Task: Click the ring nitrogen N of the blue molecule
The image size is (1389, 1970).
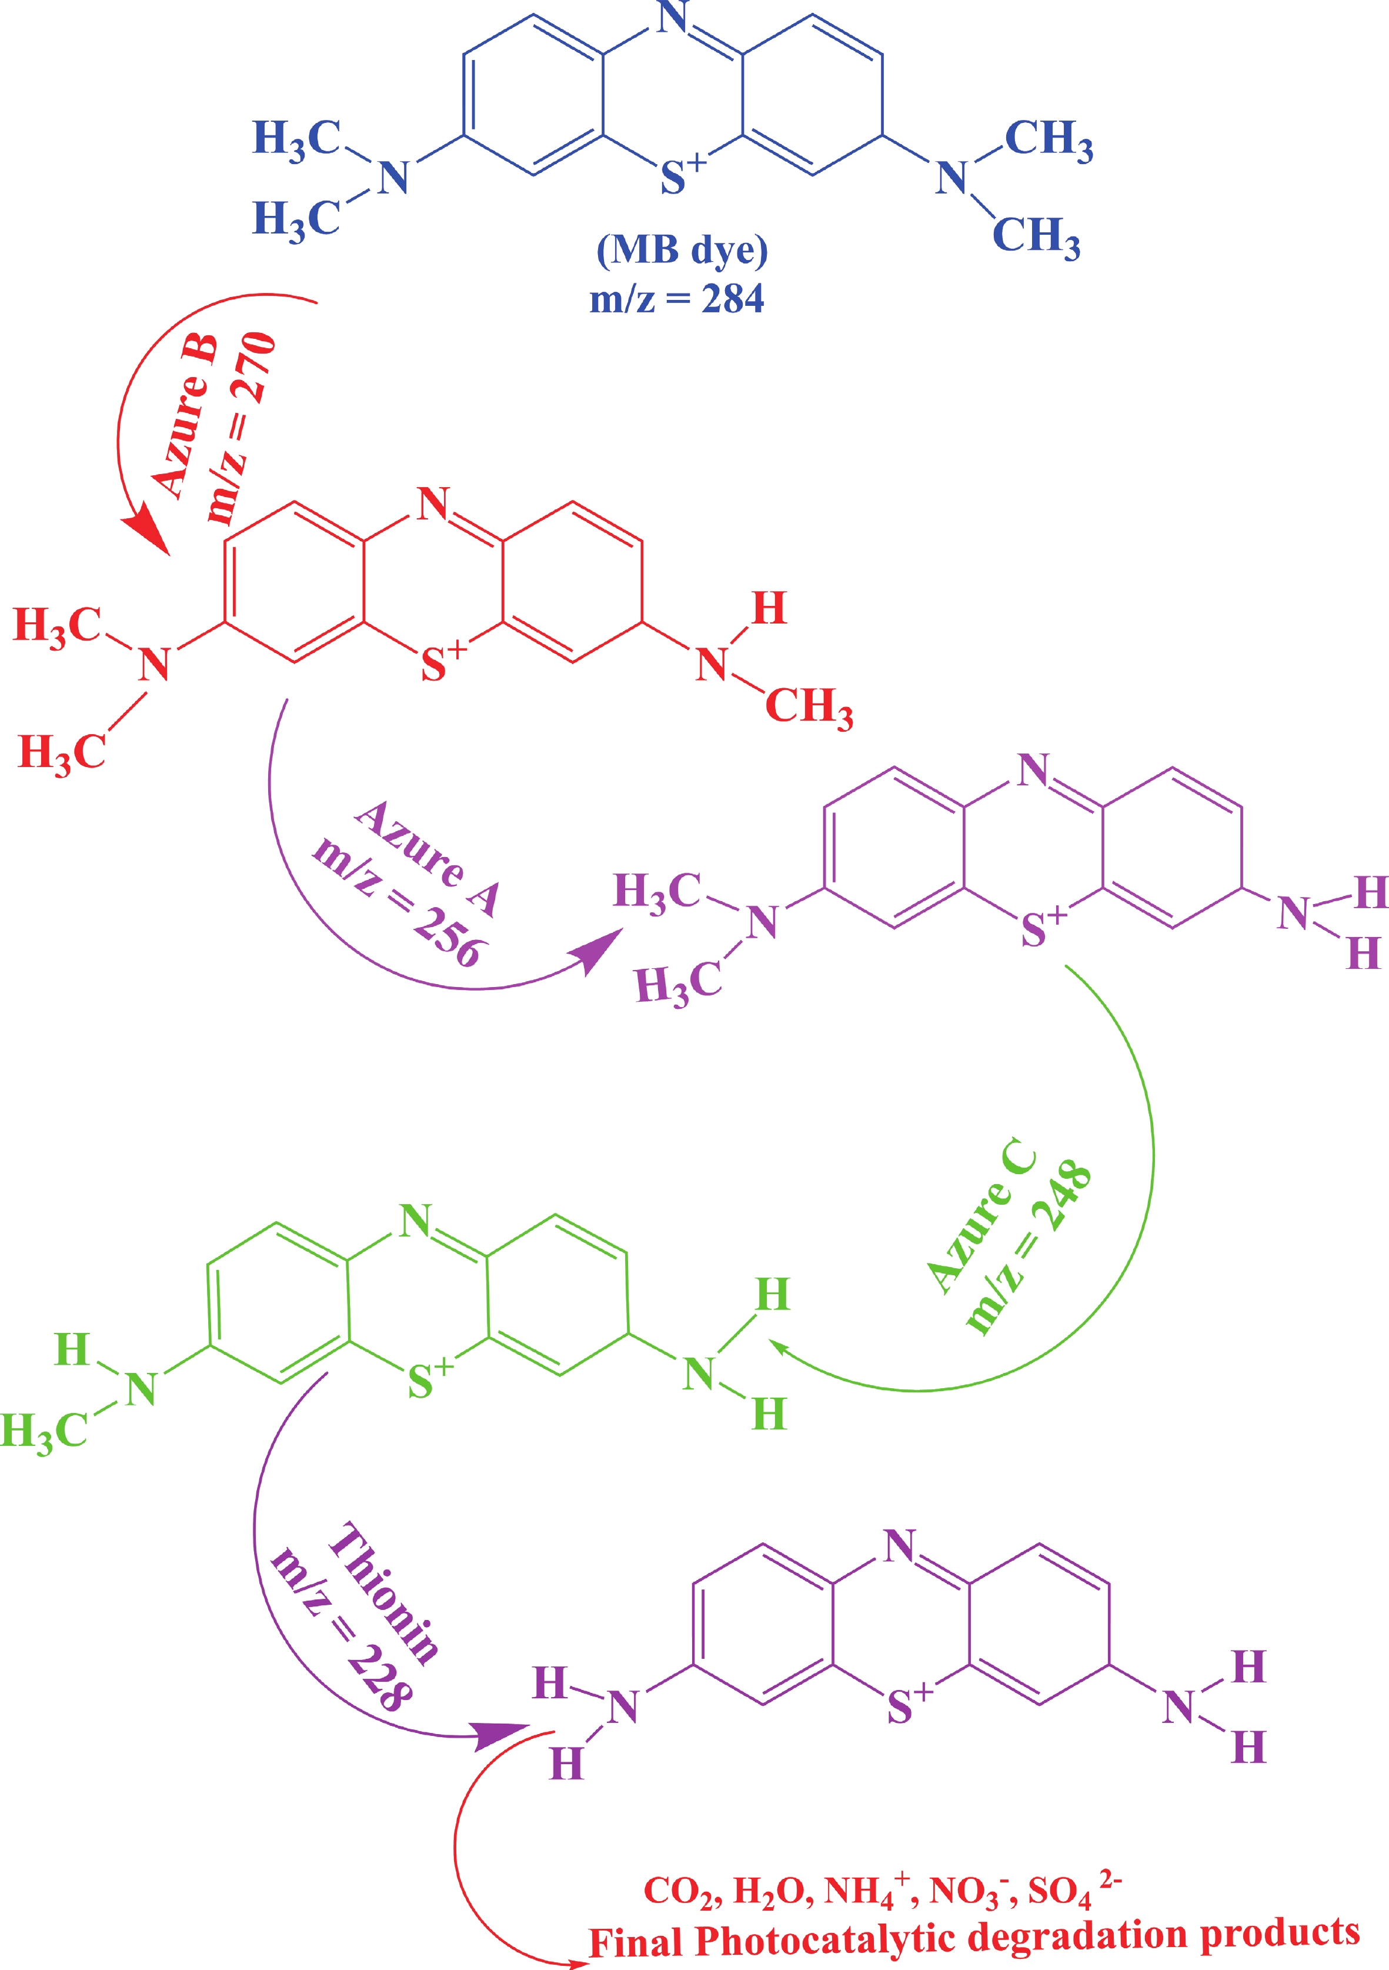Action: [673, 18]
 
